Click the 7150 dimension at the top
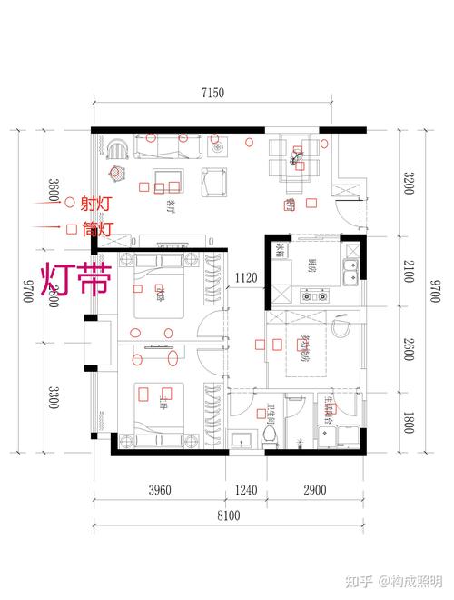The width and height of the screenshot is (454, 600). click(213, 93)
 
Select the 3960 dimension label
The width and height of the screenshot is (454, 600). click(159, 492)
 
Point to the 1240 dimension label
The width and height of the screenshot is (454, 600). click(245, 492)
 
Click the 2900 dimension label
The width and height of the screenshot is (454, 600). click(313, 492)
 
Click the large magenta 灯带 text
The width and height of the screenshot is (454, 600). click(75, 280)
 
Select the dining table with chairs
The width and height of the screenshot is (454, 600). click(296, 156)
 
